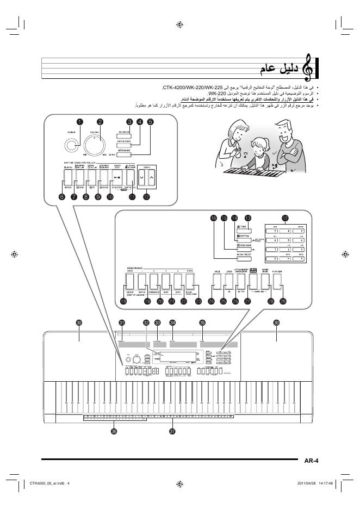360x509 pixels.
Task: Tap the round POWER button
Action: (x=70, y=145)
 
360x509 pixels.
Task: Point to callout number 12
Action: (x=146, y=197)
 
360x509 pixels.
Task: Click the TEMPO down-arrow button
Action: (x=142, y=177)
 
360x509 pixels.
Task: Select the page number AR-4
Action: (x=312, y=461)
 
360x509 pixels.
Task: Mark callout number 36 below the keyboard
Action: (x=114, y=431)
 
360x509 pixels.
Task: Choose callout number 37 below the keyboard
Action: (x=172, y=431)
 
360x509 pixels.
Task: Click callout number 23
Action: (x=198, y=301)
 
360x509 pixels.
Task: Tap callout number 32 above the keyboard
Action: (x=146, y=322)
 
